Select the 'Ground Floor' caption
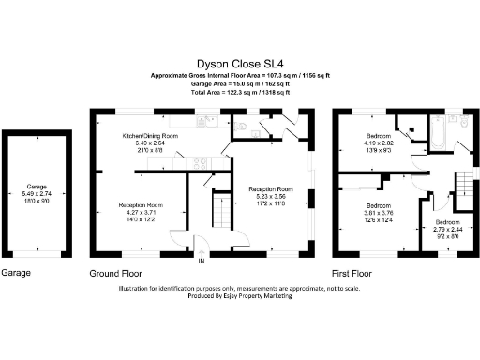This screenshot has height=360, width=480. pos(114,273)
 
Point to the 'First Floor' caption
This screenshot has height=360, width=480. pos(352,273)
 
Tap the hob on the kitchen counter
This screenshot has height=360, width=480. pos(200,162)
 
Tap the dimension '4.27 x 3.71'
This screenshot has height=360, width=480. pos(141,212)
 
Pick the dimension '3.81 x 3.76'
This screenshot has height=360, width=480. pos(378,212)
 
